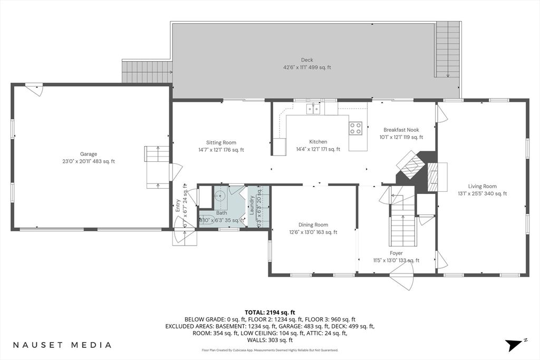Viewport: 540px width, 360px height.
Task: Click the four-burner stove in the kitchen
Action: pos(355,128)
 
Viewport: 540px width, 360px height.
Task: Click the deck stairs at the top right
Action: pos(448,49)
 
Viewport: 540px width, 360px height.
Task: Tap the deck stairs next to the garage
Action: pos(147,72)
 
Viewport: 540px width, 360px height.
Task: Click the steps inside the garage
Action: pos(156,167)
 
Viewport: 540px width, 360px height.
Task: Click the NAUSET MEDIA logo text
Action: pos(62,345)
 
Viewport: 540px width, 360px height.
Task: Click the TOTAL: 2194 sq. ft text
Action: pos(269,313)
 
